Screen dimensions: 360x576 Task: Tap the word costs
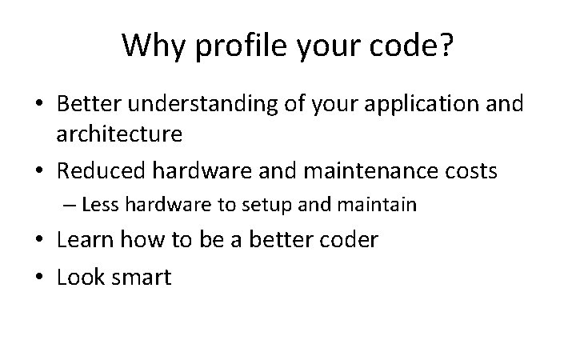469,171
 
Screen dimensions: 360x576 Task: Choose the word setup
269,206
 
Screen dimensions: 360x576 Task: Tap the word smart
142,277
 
